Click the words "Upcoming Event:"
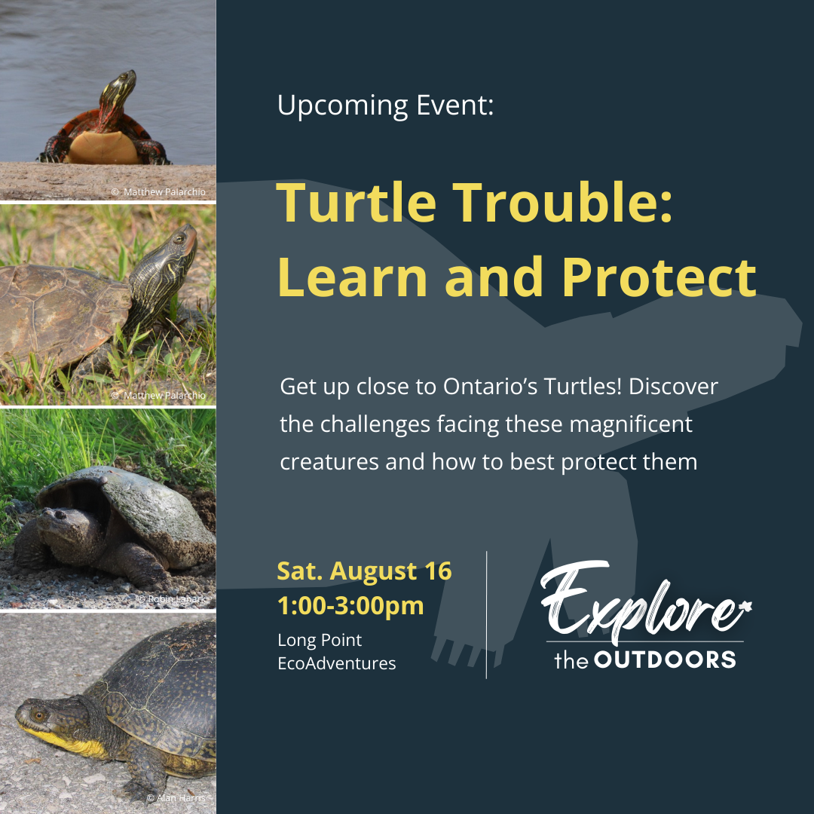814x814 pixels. [x=385, y=106]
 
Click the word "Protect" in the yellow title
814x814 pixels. [x=659, y=277]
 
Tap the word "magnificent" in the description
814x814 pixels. [x=631, y=425]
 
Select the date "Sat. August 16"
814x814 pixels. [x=365, y=571]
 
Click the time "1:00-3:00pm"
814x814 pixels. [x=350, y=606]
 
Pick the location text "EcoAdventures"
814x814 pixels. [x=337, y=663]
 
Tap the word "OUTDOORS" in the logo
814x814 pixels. [x=665, y=659]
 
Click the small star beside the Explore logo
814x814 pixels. [x=746, y=606]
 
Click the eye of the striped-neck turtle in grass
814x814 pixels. [x=179, y=238]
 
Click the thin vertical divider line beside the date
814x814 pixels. [x=486, y=615]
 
